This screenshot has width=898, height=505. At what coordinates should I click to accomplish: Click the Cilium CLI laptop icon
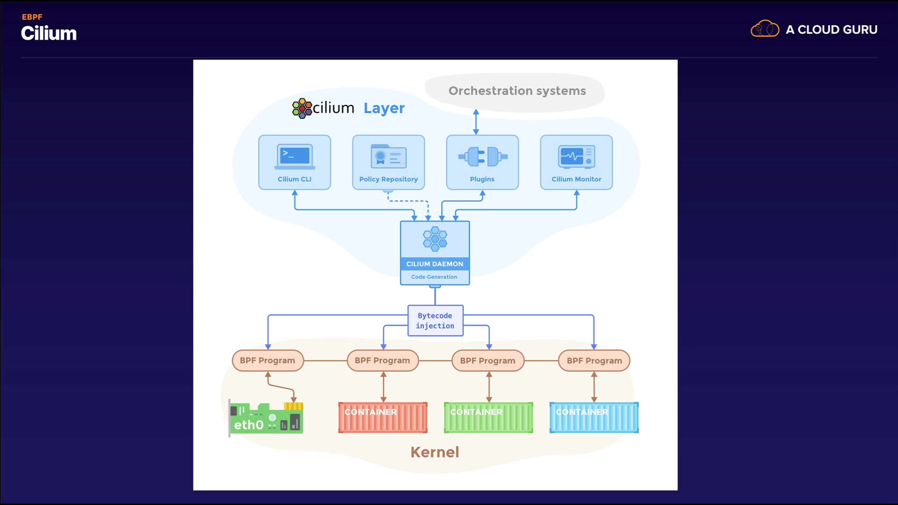(x=295, y=157)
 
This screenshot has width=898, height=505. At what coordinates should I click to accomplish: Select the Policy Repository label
(x=388, y=179)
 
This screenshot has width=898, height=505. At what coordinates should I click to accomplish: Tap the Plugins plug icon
(x=483, y=157)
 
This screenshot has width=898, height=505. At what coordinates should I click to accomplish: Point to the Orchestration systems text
(x=517, y=91)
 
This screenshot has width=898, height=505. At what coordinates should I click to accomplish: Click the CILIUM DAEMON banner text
(x=435, y=264)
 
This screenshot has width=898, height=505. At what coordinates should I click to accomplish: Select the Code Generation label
(x=434, y=277)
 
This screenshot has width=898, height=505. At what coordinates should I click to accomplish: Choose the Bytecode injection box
(x=435, y=321)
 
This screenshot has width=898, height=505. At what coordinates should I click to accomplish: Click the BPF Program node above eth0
(x=268, y=361)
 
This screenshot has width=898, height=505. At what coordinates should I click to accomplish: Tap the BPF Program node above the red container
(x=382, y=361)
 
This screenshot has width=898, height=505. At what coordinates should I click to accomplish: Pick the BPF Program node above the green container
(x=487, y=361)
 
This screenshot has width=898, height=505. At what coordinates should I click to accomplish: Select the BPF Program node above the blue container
(x=594, y=361)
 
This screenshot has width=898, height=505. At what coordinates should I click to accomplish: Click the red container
(x=383, y=417)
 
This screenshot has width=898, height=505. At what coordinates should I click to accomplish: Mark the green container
(x=488, y=417)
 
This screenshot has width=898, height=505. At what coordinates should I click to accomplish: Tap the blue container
(x=594, y=417)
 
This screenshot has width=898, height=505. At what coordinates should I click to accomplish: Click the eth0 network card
(x=266, y=418)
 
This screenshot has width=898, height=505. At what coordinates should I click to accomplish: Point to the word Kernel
(x=435, y=452)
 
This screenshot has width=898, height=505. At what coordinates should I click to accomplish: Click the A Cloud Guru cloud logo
(x=765, y=29)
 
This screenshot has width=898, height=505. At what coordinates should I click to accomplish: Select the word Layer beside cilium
(x=384, y=108)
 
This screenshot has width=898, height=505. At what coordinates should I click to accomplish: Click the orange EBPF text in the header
(x=32, y=17)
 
